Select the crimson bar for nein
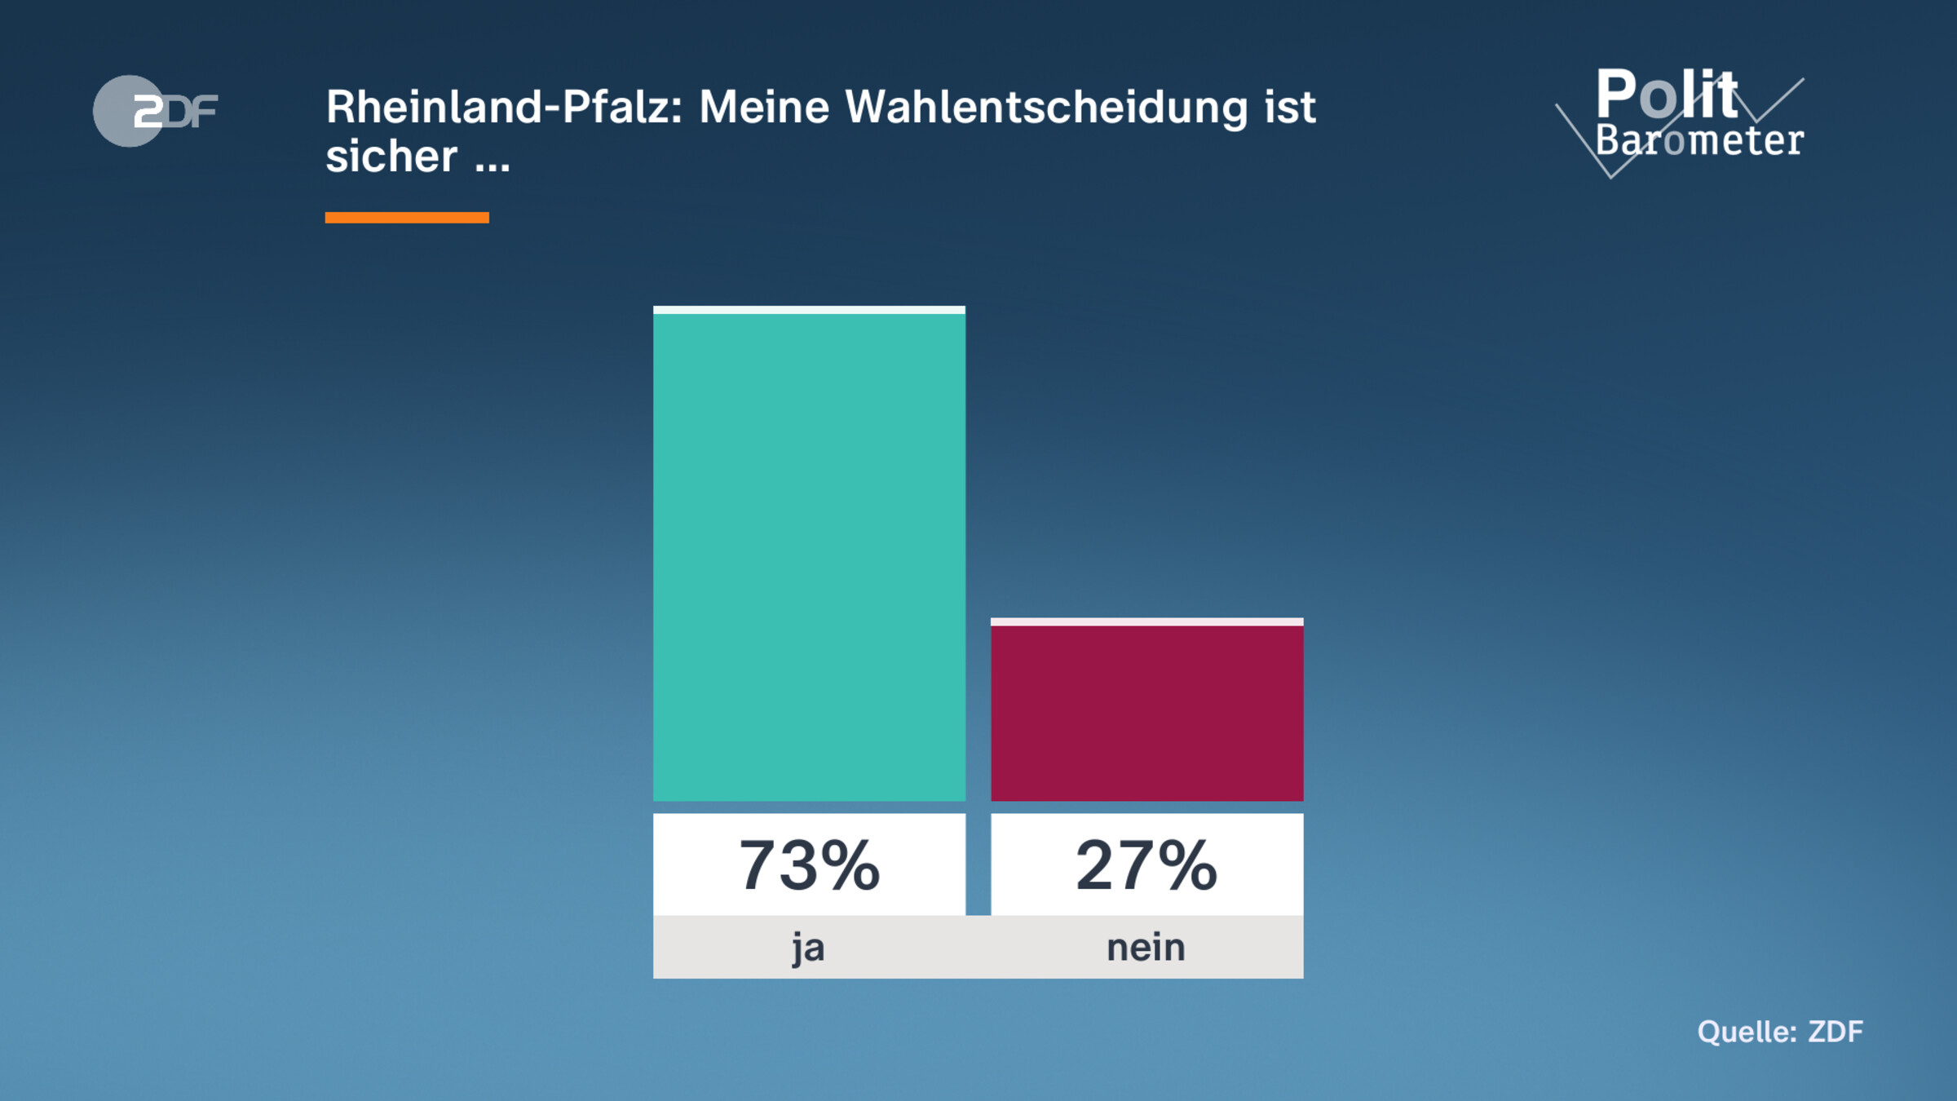point(1146,713)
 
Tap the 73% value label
point(809,864)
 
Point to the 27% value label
point(1146,864)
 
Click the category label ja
point(808,948)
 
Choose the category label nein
point(1146,948)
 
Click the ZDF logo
point(156,111)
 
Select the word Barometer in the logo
point(1699,141)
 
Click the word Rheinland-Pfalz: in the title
point(504,107)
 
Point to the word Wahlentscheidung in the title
point(1046,107)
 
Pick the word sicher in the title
point(391,156)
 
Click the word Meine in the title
point(764,107)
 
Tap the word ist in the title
point(1290,107)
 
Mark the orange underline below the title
point(407,218)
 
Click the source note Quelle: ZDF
point(1780,1032)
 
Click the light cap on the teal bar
point(809,310)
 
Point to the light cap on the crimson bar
point(1146,622)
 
